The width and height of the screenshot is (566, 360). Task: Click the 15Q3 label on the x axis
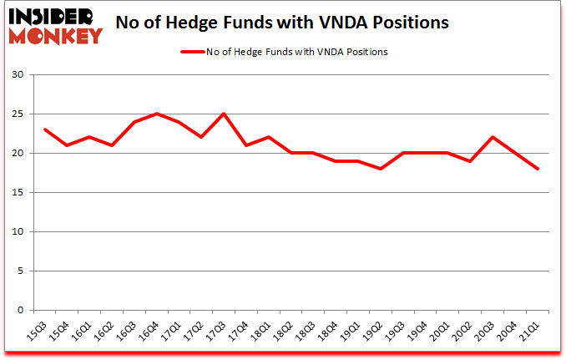(38, 331)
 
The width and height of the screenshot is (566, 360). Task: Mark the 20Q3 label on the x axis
(487, 331)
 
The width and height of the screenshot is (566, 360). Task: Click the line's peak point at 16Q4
(156, 114)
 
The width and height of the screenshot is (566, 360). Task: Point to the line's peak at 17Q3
(224, 114)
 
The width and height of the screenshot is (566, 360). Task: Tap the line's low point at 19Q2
(381, 169)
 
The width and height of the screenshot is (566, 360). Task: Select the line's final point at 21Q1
(538, 169)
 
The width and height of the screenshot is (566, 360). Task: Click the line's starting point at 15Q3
(44, 129)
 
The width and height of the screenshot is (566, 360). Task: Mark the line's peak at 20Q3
(493, 138)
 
